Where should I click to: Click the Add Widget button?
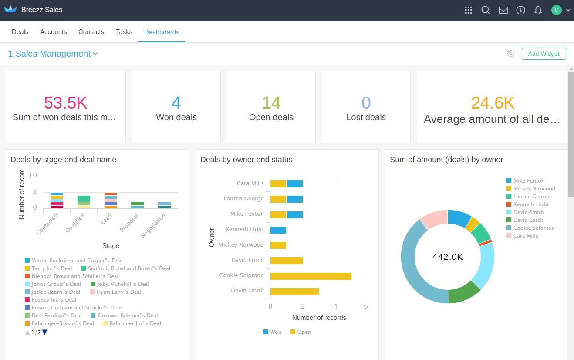pyautogui.click(x=544, y=54)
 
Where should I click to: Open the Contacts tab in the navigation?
pyautogui.click(x=91, y=32)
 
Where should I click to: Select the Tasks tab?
pyautogui.click(x=124, y=32)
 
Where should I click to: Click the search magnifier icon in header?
pyautogui.click(x=486, y=10)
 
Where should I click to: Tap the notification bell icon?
pyautogui.click(x=538, y=10)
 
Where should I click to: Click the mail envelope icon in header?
pyautogui.click(x=503, y=10)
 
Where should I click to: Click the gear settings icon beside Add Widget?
pyautogui.click(x=511, y=54)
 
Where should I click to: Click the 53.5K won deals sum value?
pyautogui.click(x=65, y=103)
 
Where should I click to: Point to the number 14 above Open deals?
pyautogui.click(x=271, y=103)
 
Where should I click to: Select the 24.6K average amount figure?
pyautogui.click(x=493, y=103)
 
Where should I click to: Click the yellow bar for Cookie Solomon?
pyautogui.click(x=311, y=276)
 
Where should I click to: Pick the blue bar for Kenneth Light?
pyautogui.click(x=278, y=230)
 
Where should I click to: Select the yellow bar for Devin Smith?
pyautogui.click(x=294, y=292)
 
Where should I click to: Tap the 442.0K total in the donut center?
pyautogui.click(x=447, y=257)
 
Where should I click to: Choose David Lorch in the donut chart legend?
pyautogui.click(x=528, y=220)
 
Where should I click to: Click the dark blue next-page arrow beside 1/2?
pyautogui.click(x=44, y=333)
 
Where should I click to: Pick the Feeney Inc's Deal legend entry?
pyautogui.click(x=54, y=300)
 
